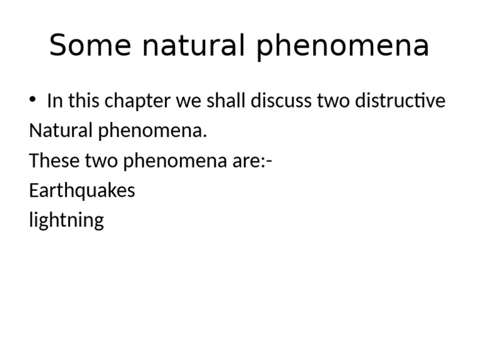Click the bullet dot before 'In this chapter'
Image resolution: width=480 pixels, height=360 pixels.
[x=32, y=100]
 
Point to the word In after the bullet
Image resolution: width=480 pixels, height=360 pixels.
[x=54, y=101]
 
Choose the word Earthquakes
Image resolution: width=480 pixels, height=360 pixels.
[x=82, y=191]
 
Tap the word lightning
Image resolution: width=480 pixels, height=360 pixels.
[x=66, y=221]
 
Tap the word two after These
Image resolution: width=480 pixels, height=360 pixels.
[x=99, y=161]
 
